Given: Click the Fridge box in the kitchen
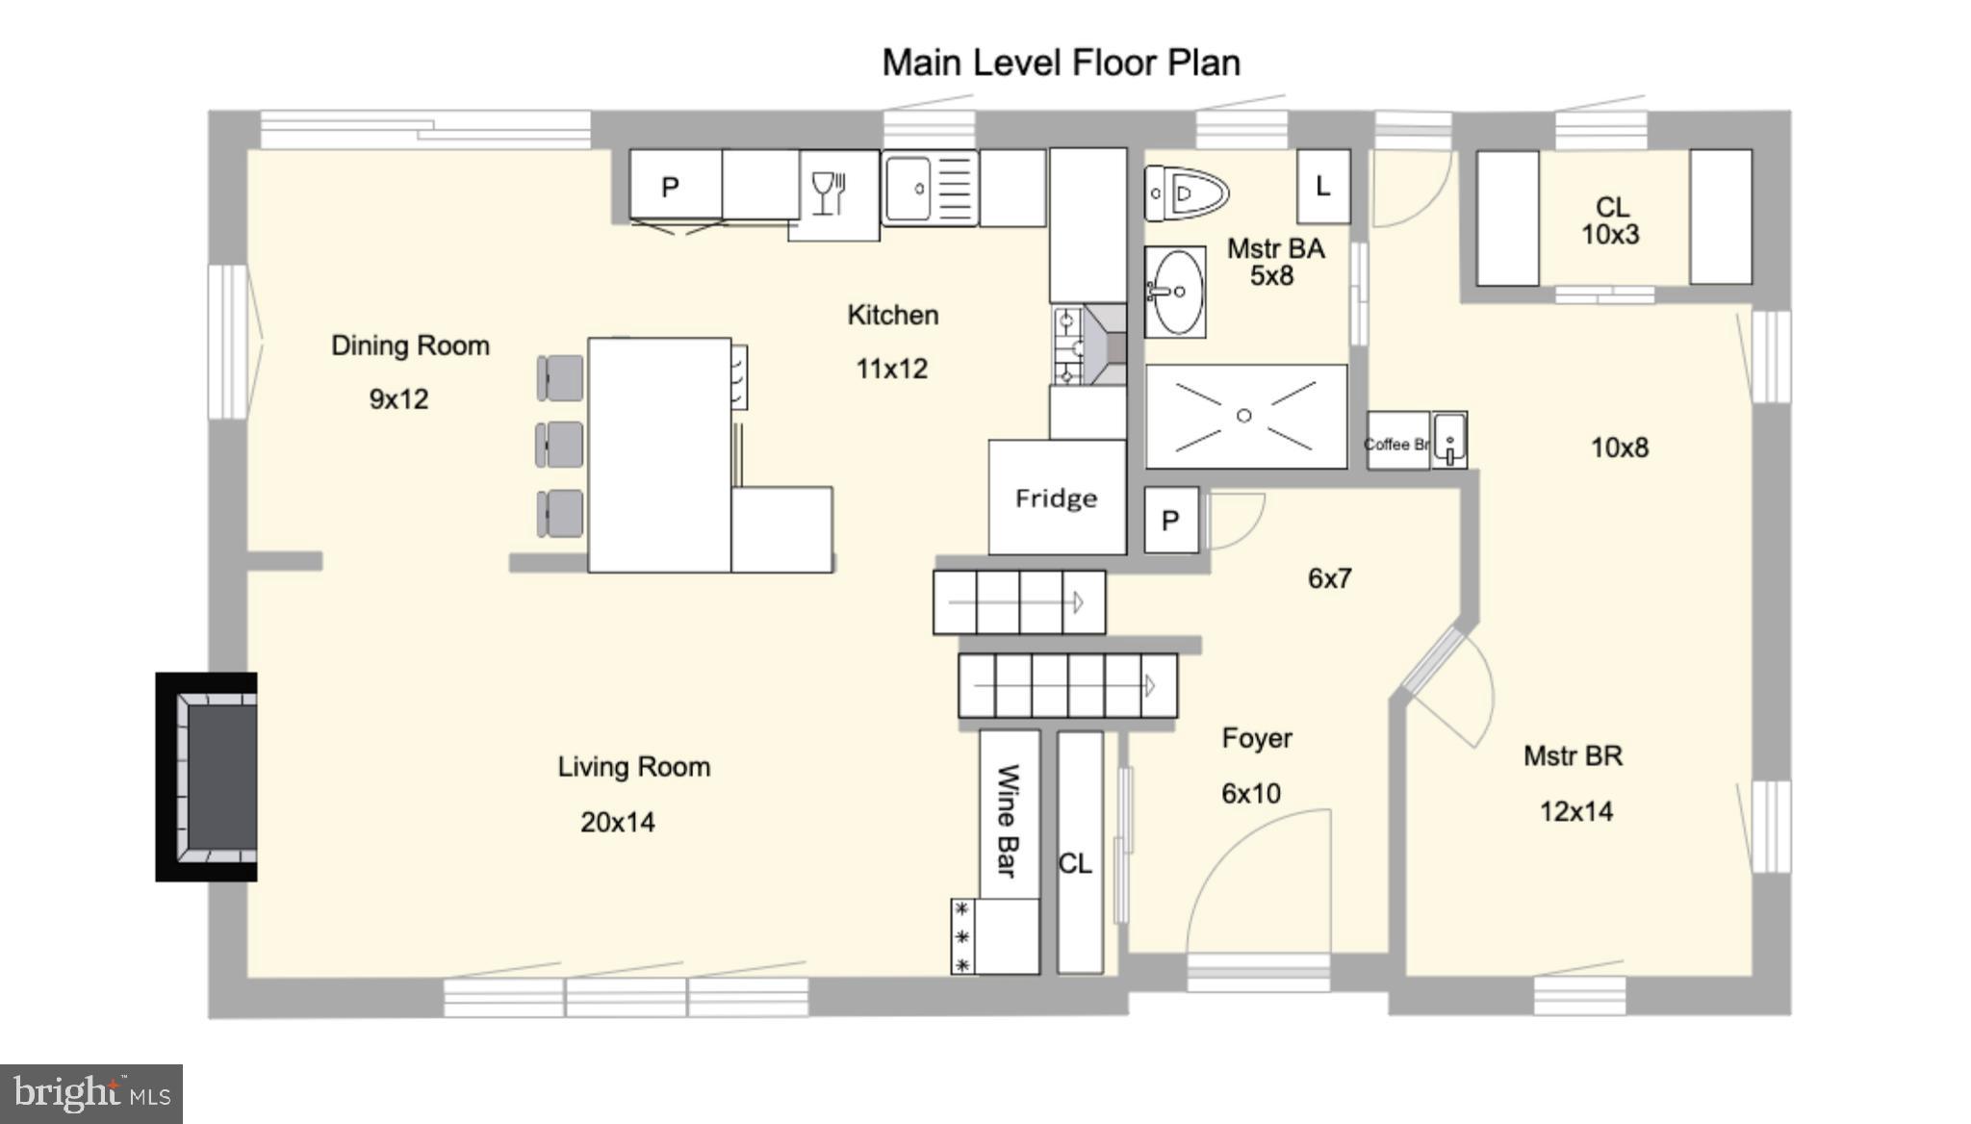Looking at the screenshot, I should (1057, 498).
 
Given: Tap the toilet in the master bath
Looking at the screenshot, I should (1186, 193).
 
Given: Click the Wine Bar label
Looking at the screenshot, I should (1007, 820).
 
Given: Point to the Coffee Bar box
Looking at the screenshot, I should (1397, 443).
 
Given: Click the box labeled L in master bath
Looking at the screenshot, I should (1323, 187).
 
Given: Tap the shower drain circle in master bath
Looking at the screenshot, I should (1243, 416).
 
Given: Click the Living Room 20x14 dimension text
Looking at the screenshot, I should (618, 823).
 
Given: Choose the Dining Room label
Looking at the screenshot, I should (410, 345).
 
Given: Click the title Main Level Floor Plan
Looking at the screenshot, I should (1061, 63).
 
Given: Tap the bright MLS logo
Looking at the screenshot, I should (91, 1094).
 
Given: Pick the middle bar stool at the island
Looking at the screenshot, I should (560, 445).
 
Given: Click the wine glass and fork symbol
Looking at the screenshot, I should (829, 193).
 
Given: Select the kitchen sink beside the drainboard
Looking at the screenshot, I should (909, 190).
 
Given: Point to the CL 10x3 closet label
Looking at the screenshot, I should (1611, 220).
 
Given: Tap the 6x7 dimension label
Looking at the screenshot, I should (1329, 578).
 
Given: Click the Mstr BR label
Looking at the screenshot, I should (1573, 756).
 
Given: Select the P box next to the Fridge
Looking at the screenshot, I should (1170, 521).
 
